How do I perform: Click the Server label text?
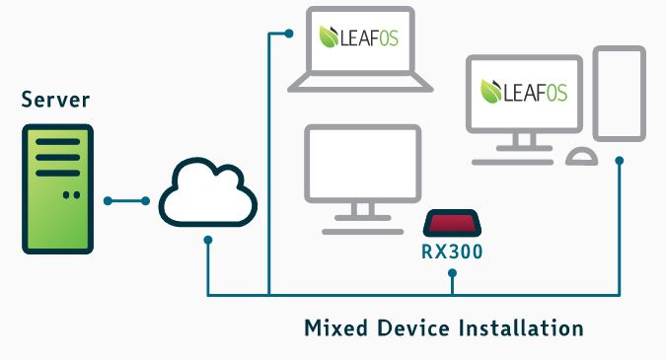click(56, 100)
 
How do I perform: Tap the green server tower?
click(57, 188)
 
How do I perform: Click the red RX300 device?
click(452, 223)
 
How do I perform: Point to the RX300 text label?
click(452, 251)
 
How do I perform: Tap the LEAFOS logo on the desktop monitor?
click(522, 92)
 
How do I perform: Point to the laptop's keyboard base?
click(359, 85)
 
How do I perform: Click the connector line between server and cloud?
click(125, 201)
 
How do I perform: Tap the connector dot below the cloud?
click(208, 241)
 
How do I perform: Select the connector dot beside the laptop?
click(289, 34)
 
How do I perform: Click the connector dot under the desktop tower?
click(620, 160)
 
